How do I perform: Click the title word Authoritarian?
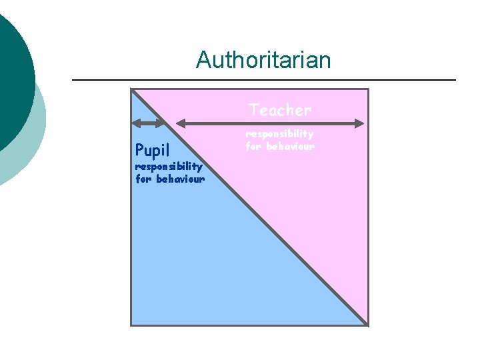point(263,61)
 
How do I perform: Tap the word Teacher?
point(280,109)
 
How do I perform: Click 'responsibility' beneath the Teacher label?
point(280,135)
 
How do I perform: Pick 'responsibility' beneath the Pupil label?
point(169,167)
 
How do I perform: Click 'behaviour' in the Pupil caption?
point(181,179)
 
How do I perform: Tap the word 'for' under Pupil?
point(144,179)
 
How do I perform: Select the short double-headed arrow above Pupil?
point(148,123)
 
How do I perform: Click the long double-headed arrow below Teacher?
point(270,123)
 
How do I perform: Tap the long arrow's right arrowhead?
point(360,123)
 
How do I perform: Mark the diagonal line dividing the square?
point(249,207)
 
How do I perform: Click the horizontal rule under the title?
point(263,81)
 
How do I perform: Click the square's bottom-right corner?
point(368,325)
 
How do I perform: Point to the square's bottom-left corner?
point(131,325)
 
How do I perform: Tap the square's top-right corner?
point(368,89)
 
